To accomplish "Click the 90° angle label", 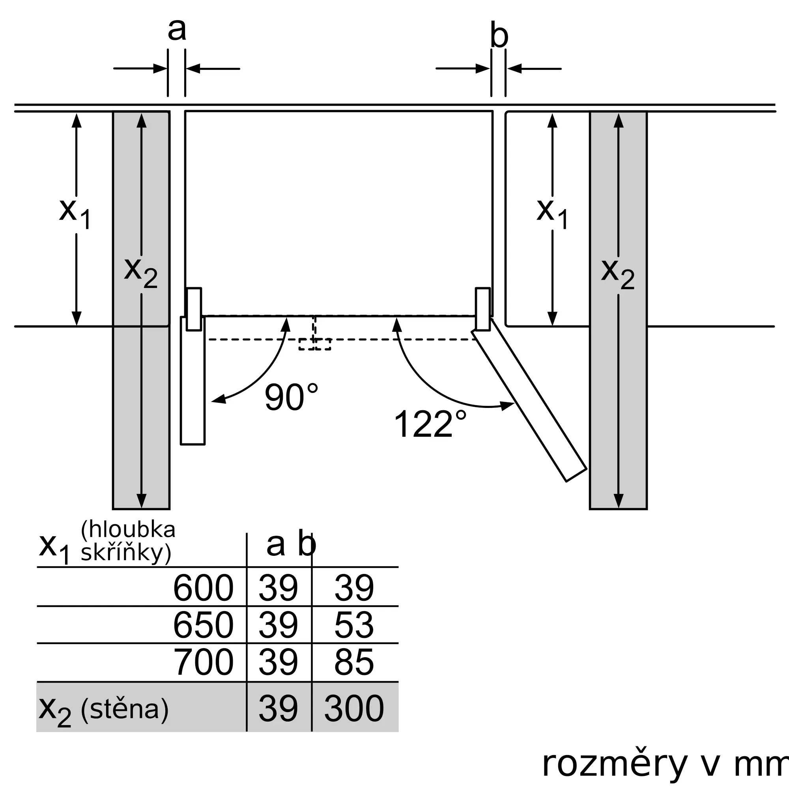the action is pos(291,397).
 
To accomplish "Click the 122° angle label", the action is pos(430,423).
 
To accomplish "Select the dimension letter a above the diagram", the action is pos(177,30).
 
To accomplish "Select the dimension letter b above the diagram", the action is pos(499,36).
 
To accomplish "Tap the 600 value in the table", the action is pos(203,588).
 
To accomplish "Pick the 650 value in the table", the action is pos(203,625).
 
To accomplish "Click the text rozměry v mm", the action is pos(665,764).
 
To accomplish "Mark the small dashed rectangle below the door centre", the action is pos(315,344).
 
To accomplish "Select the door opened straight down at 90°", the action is pos(193,381).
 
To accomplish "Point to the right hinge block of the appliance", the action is pos(483,309).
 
